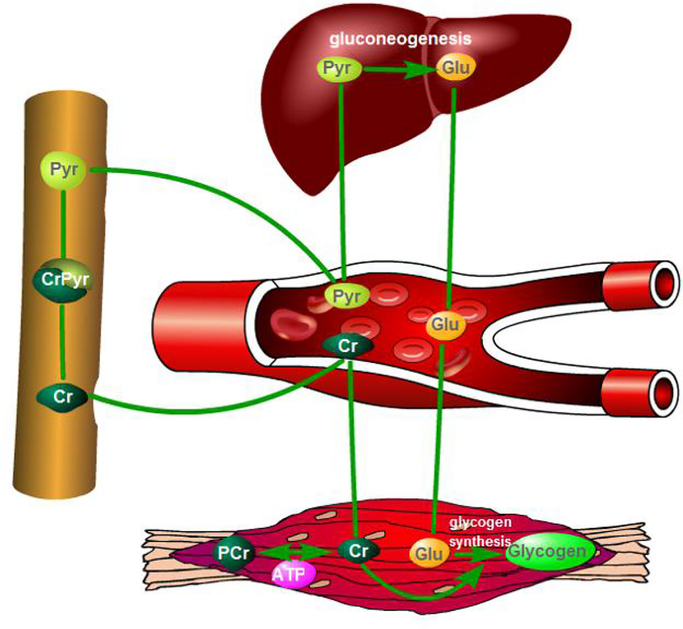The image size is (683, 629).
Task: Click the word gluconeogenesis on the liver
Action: (400, 39)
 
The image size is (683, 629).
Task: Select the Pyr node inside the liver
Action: (339, 68)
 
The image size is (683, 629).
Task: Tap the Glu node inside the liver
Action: (455, 68)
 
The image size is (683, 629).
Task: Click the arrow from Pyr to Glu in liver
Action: (398, 69)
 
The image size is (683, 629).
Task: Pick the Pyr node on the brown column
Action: (63, 169)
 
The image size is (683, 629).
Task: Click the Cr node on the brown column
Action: (62, 396)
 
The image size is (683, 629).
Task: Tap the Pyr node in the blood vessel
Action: (347, 296)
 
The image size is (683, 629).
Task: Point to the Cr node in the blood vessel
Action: (348, 346)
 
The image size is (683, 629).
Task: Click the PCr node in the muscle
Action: (233, 552)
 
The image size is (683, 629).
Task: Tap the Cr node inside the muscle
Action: (358, 551)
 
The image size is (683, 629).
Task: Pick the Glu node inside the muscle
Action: (429, 553)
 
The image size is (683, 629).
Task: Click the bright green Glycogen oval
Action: (547, 551)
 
